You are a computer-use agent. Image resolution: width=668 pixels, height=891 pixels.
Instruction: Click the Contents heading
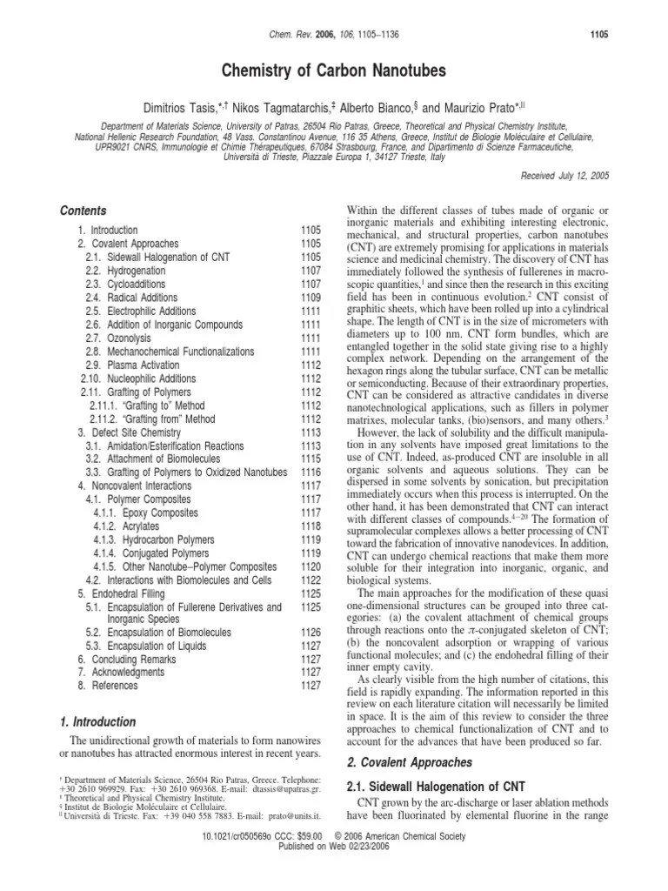pyautogui.click(x=82, y=211)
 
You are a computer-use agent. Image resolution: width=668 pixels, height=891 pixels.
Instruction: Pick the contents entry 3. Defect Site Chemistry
pyautogui.click(x=124, y=432)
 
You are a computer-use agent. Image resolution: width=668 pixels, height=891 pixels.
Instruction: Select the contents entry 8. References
pyautogui.click(x=103, y=686)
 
